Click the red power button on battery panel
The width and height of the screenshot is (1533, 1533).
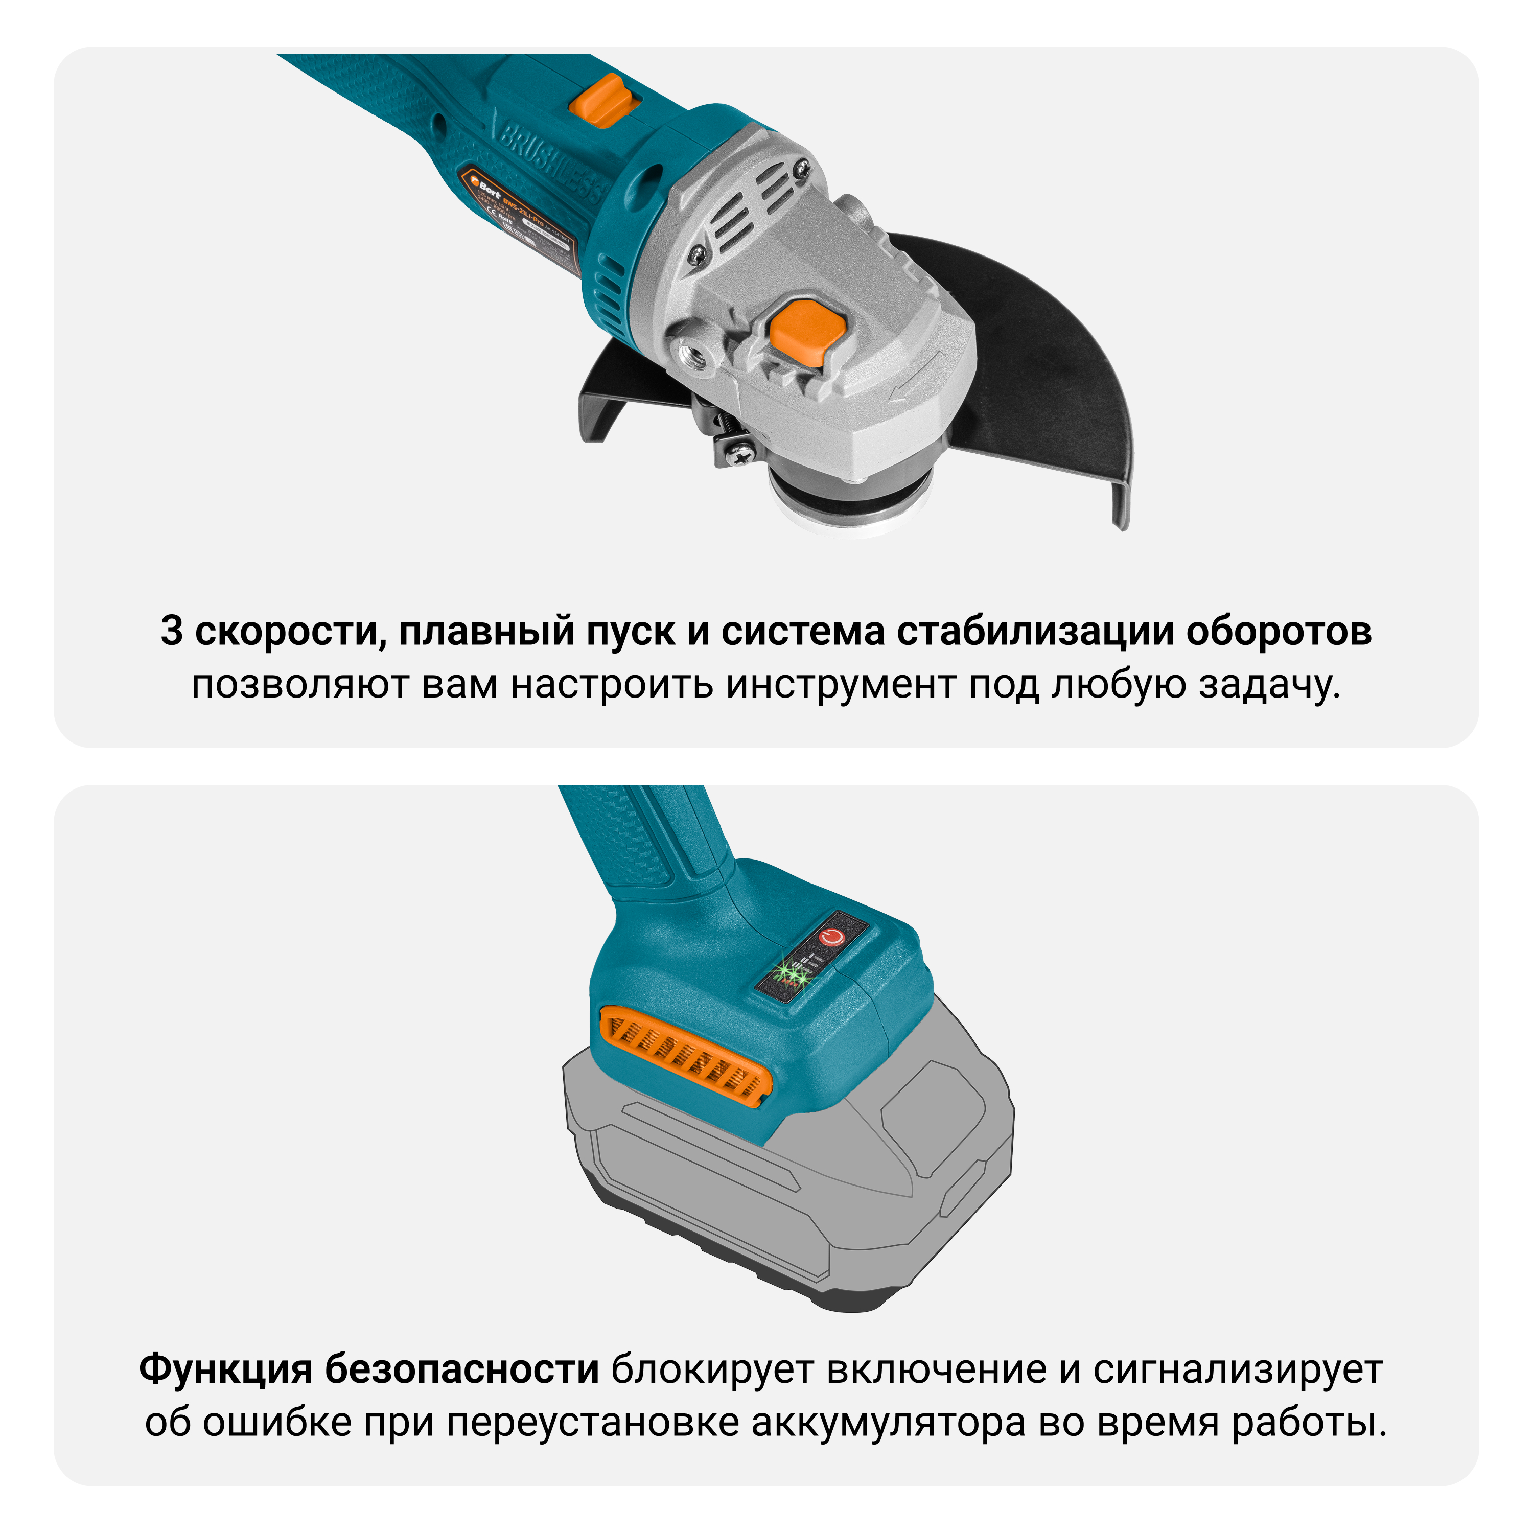(831, 937)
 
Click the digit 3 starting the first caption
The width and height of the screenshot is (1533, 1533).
(171, 632)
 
